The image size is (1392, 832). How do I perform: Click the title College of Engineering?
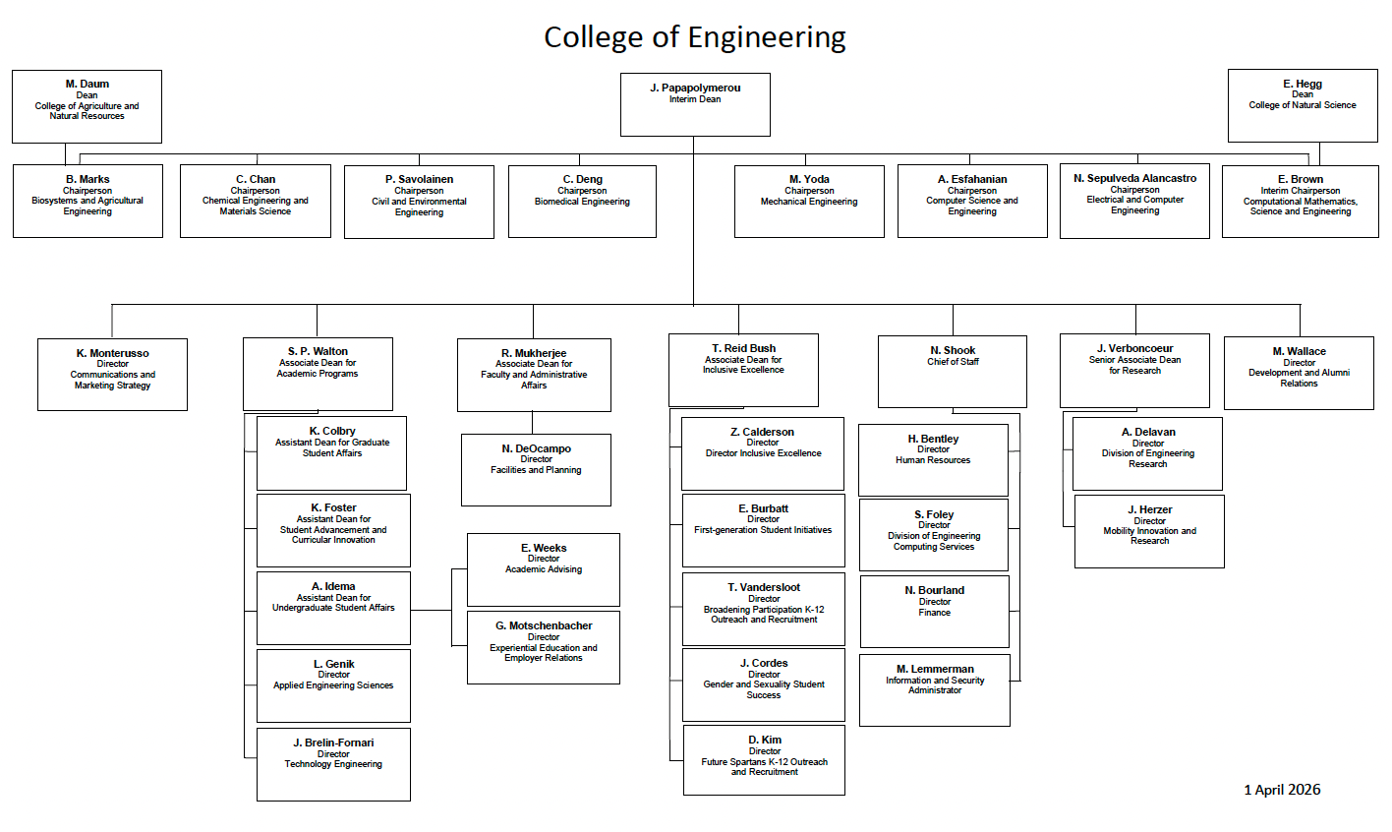[694, 37]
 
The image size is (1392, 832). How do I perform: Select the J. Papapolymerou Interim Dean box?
[695, 104]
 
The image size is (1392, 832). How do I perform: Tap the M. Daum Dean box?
[87, 106]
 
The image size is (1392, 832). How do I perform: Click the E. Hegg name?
[1303, 84]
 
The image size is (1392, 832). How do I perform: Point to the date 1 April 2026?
[1282, 790]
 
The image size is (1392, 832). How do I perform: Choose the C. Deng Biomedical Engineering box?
[582, 201]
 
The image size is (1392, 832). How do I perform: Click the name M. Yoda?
[809, 179]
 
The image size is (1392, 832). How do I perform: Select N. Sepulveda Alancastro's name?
[1134, 178]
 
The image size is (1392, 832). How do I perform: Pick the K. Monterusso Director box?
[112, 375]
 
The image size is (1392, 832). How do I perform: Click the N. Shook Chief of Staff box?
[953, 371]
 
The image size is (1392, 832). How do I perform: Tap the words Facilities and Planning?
[536, 470]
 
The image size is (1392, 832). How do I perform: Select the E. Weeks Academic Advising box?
[544, 569]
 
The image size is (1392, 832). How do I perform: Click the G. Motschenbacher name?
[544, 625]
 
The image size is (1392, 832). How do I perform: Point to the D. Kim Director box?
[764, 760]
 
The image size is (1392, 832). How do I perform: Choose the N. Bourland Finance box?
[935, 611]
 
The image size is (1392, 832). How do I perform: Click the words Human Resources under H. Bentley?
[933, 460]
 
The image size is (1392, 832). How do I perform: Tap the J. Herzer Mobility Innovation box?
[1149, 531]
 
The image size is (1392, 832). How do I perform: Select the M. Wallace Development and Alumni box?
[1299, 373]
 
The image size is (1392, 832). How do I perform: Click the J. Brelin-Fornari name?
[333, 743]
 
